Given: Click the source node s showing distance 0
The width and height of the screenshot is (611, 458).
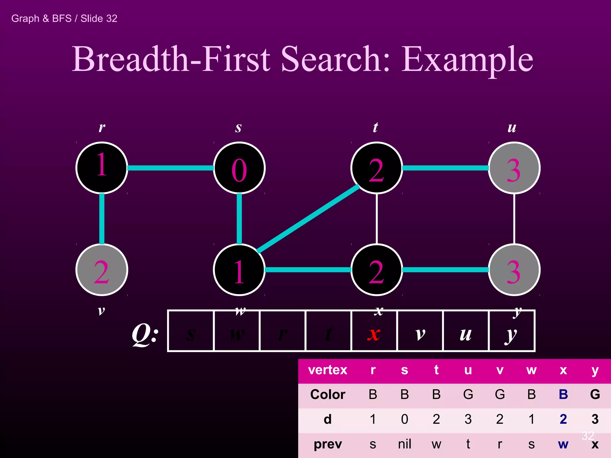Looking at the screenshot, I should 239,168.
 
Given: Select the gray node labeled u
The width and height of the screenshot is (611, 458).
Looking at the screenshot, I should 514,168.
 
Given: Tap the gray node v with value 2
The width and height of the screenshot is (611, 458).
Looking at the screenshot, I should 102,270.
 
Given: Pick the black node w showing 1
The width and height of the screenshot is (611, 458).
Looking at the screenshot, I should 239,270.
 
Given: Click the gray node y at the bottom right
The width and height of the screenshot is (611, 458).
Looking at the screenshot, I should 514,270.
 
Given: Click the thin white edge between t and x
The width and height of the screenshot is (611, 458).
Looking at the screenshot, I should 377,219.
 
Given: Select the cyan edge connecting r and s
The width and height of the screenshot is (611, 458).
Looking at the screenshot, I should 170,168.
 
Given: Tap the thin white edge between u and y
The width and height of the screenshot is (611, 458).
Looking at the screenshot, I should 514,219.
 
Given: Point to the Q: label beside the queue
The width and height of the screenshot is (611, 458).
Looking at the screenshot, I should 145,335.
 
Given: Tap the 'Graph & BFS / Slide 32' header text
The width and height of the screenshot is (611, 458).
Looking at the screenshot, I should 64,18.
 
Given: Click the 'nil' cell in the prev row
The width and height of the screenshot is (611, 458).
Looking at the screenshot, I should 405,444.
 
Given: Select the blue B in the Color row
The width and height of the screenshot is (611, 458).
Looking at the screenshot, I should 563,394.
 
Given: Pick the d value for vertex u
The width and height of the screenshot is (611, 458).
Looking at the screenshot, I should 468,419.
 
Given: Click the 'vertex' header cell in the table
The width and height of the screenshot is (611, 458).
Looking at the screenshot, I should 328,370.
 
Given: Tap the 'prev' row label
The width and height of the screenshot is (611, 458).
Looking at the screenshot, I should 328,444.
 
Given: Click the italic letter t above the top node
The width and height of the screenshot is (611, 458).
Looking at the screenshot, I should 376,127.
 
